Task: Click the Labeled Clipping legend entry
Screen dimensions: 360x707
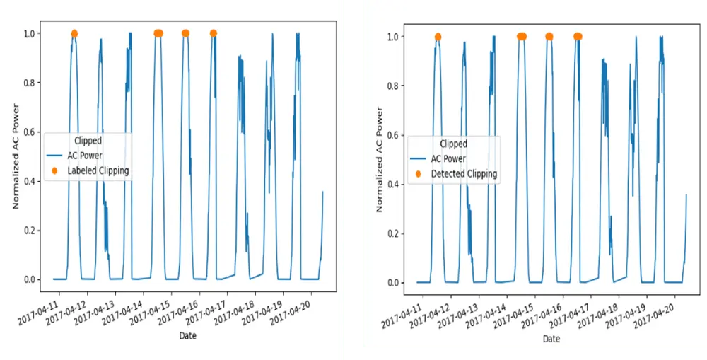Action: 98,170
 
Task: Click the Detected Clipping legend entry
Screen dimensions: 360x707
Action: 464,173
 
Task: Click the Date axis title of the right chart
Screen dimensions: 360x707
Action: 551,339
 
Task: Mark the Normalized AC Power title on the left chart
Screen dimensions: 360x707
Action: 16,156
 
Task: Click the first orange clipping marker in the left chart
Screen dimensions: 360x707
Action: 74,33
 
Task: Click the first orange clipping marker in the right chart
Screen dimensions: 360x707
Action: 438,37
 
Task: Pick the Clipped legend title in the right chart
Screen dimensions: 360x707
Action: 453,144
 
